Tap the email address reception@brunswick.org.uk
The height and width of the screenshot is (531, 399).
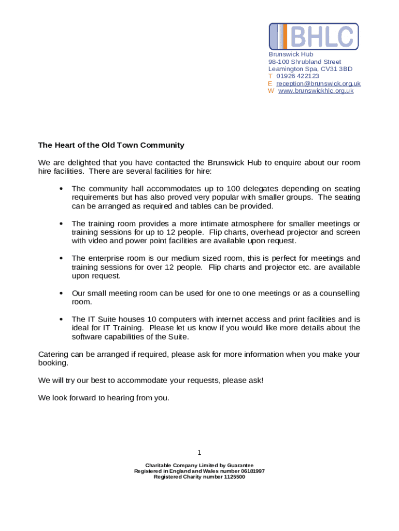point(318,83)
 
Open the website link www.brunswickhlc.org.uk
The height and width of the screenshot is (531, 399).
point(316,91)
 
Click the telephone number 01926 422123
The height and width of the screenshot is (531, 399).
point(297,76)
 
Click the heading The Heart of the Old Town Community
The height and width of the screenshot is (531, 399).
point(111,145)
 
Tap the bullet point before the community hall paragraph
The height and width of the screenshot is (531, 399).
point(62,189)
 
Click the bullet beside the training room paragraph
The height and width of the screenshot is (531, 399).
point(62,224)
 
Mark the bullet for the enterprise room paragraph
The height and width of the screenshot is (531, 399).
point(62,259)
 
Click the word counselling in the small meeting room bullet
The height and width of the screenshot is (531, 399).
point(339,294)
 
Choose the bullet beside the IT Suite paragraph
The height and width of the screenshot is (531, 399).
point(62,319)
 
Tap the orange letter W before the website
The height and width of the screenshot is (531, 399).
point(271,91)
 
